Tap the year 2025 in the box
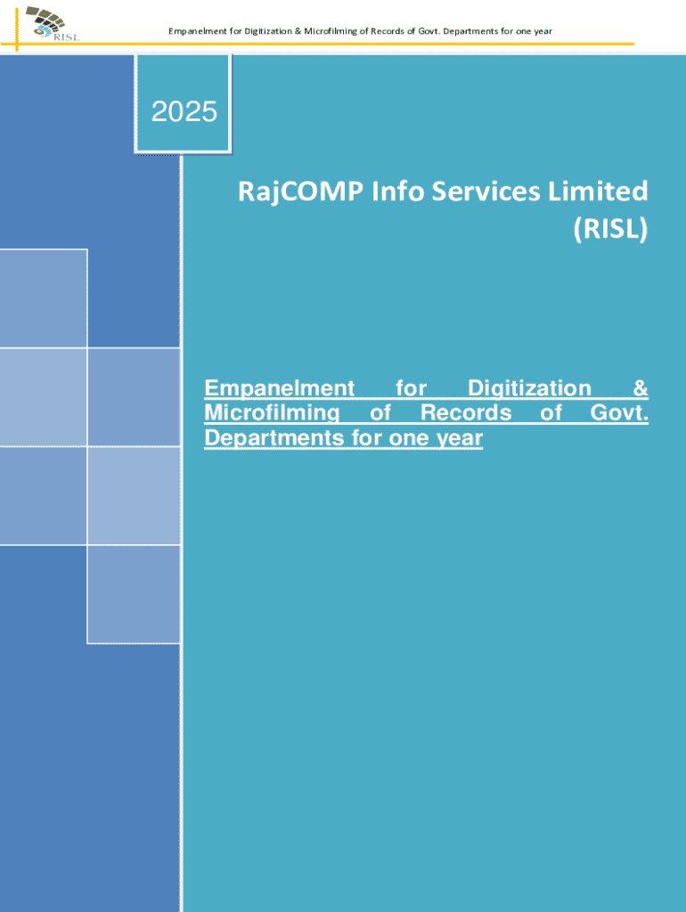tap(184, 111)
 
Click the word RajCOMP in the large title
tap(301, 192)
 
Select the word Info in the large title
tap(396, 191)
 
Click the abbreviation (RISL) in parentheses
tap(610, 228)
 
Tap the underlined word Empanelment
tap(279, 388)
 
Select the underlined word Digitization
tap(529, 388)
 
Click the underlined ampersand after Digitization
tap(641, 388)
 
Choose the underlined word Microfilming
tap(272, 412)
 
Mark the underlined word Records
tap(465, 412)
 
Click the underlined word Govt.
tap(619, 412)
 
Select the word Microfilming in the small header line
tap(331, 31)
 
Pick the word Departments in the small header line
tap(466, 31)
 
